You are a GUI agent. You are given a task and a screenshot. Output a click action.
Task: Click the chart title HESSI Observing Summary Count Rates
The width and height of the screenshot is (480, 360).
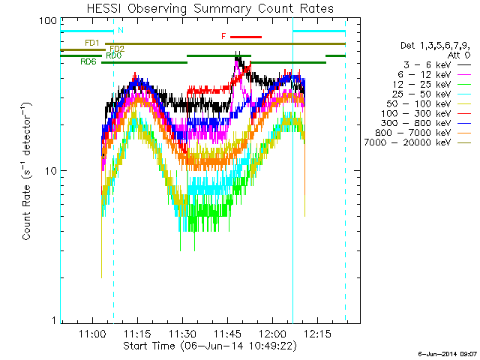click(x=210, y=8)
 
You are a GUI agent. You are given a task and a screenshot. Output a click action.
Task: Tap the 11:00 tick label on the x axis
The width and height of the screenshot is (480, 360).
click(x=93, y=333)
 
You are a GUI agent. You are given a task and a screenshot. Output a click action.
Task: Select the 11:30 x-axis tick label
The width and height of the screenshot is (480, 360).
click(x=183, y=333)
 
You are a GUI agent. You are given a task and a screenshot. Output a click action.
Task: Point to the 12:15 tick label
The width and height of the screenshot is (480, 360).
click(x=317, y=333)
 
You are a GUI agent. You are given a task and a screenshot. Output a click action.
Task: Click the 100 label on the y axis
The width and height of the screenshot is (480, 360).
click(x=48, y=21)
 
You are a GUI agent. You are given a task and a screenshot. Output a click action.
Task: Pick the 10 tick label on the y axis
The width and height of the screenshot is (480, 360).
click(x=51, y=171)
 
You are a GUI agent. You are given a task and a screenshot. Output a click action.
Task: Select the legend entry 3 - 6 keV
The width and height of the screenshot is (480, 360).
click(x=427, y=64)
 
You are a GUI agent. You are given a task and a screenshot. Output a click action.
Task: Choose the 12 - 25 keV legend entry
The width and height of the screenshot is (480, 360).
click(x=421, y=84)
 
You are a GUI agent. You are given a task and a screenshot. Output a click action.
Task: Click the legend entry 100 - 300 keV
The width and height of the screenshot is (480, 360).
click(x=415, y=113)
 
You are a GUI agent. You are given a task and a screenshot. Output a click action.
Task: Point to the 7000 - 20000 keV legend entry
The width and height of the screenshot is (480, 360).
click(x=407, y=142)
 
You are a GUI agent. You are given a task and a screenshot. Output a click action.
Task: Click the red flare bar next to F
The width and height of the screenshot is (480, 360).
click(x=246, y=37)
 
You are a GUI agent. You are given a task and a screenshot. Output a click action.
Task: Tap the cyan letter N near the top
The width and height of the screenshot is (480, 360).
click(x=121, y=30)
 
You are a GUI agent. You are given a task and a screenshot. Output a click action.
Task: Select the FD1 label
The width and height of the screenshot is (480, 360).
click(x=92, y=43)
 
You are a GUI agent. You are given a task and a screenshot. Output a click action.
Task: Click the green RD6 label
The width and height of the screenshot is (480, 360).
click(x=88, y=61)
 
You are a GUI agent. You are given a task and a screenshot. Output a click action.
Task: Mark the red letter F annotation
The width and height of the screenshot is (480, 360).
click(x=223, y=37)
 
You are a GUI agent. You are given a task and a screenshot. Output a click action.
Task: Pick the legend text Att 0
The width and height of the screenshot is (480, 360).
click(x=459, y=55)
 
